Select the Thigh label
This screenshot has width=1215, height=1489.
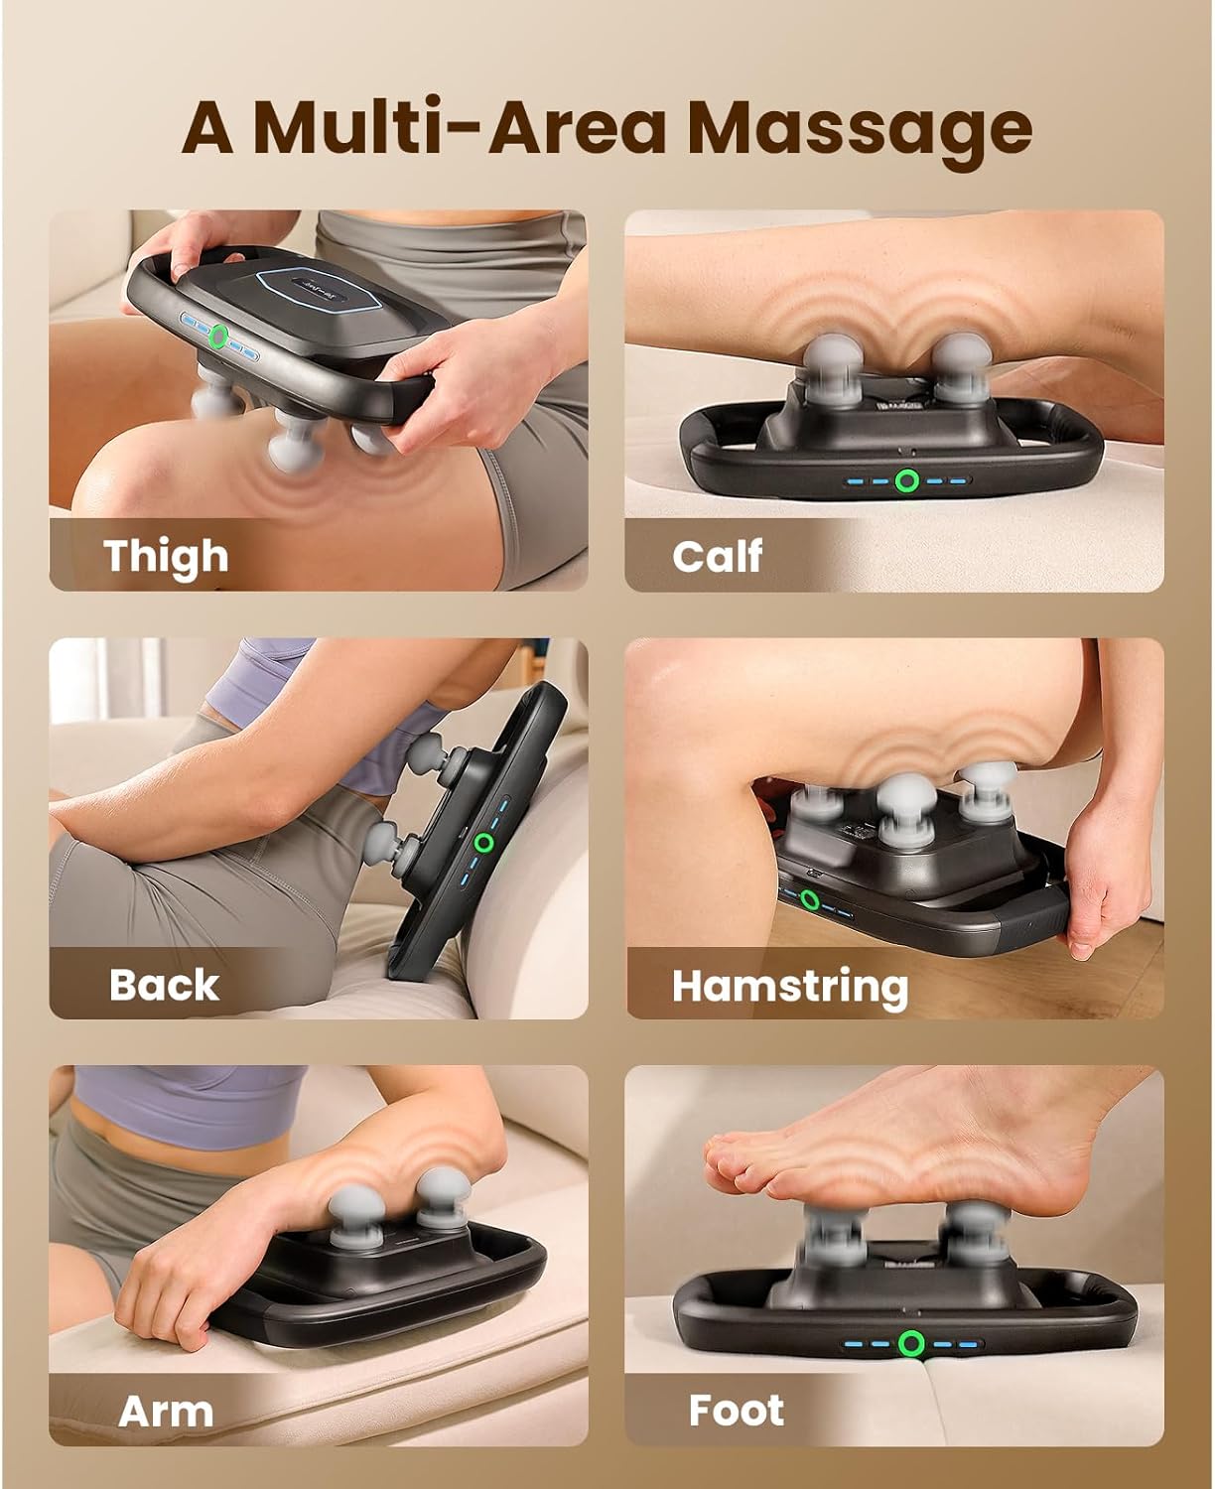(x=166, y=556)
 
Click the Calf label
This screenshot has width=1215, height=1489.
(x=717, y=556)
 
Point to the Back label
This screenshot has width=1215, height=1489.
(x=164, y=985)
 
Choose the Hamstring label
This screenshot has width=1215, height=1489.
(x=790, y=986)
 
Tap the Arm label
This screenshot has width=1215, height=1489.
(x=166, y=1411)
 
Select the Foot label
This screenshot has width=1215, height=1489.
(x=736, y=1411)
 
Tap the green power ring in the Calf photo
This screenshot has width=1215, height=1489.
(x=904, y=482)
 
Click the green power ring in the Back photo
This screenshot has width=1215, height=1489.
(x=484, y=843)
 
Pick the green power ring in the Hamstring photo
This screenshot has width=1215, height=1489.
(x=811, y=900)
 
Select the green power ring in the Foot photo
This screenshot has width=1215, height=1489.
(x=910, y=1344)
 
